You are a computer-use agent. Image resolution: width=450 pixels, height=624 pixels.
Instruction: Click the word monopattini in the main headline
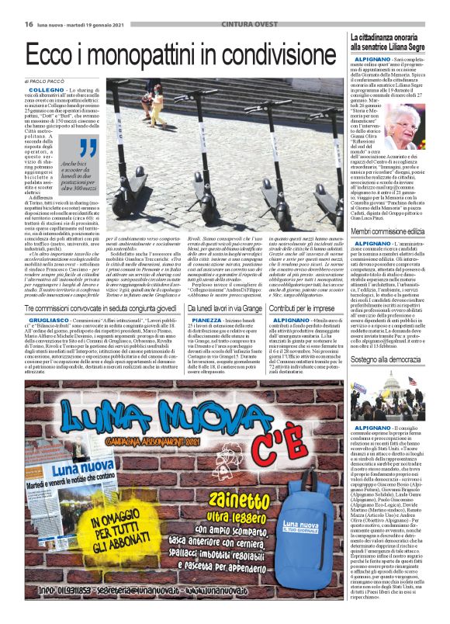point(179,54)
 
